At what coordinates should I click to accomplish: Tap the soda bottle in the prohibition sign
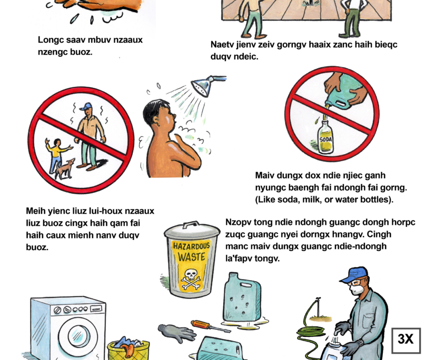click(x=325, y=137)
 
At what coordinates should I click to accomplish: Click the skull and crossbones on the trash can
click(x=191, y=278)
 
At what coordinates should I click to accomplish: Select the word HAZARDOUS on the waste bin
click(x=191, y=246)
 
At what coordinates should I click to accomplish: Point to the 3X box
click(x=406, y=341)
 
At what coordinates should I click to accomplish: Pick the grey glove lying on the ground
click(x=176, y=333)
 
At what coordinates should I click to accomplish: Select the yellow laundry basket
click(x=128, y=351)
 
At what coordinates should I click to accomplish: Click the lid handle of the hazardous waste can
click(x=191, y=225)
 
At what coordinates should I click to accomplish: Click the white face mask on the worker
click(x=355, y=289)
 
